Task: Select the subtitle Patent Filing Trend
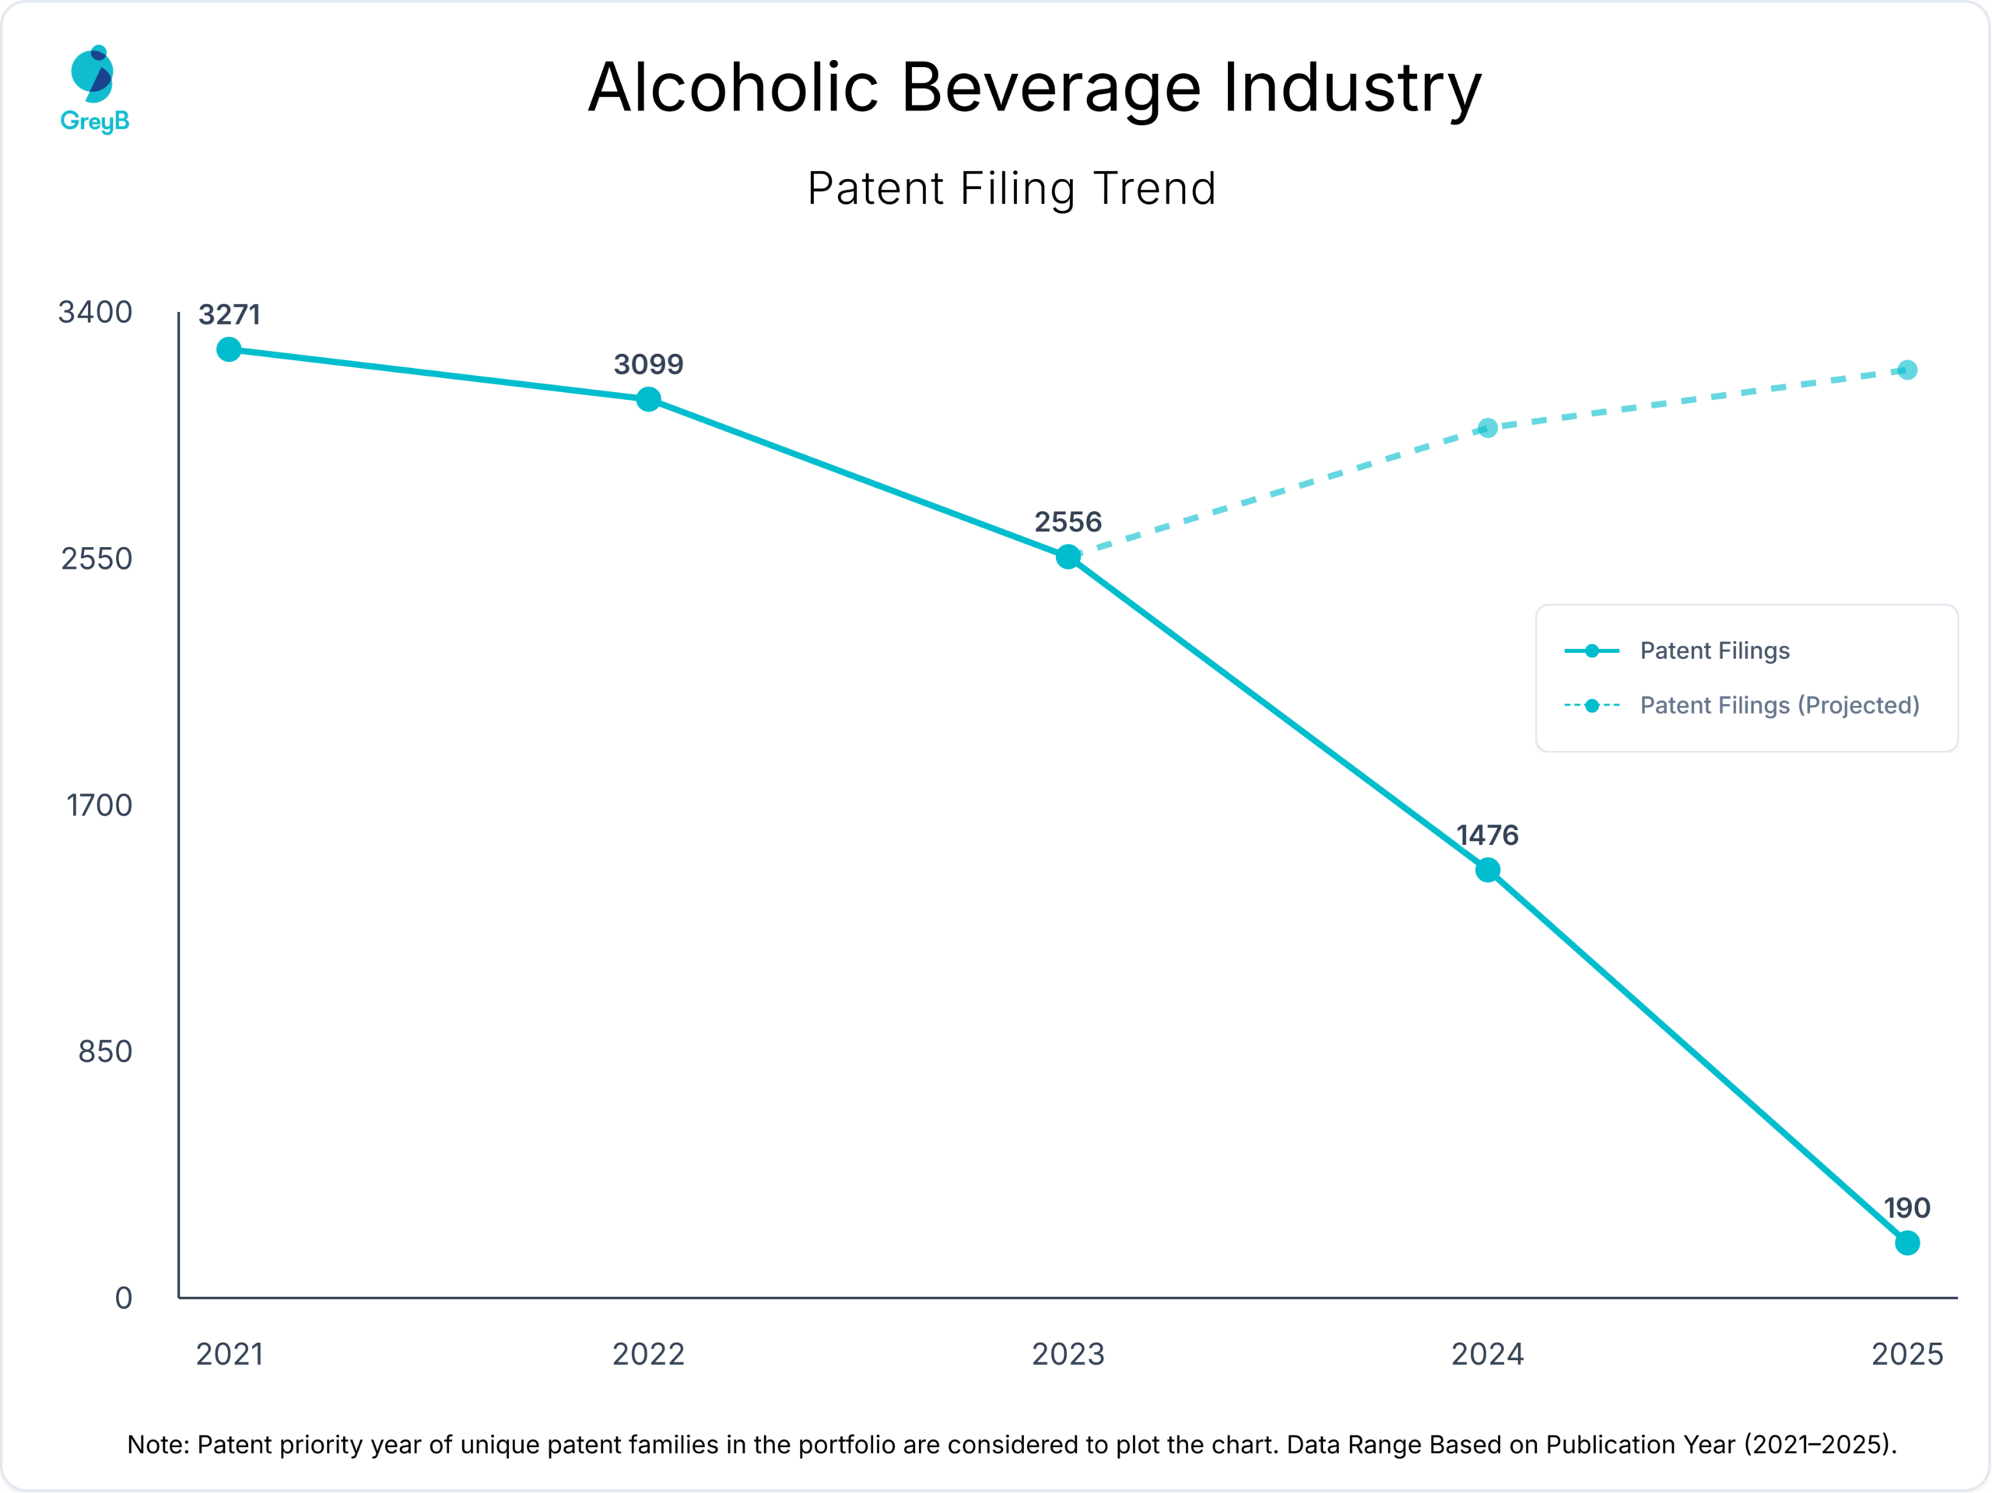coord(1012,189)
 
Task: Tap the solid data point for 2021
coord(229,349)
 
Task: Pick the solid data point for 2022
coord(648,399)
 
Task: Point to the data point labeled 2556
coord(1068,557)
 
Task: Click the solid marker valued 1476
coord(1488,870)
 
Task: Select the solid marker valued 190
coord(1906,1242)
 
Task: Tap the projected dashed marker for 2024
coord(1488,428)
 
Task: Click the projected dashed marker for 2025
coord(1906,370)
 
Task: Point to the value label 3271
coord(229,315)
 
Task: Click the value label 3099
coord(648,365)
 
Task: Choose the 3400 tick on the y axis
coord(95,313)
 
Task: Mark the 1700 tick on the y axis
coord(99,805)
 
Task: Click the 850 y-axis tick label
coord(104,1052)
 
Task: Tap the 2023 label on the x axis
coord(1068,1355)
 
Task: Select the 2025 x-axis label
coord(1906,1355)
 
